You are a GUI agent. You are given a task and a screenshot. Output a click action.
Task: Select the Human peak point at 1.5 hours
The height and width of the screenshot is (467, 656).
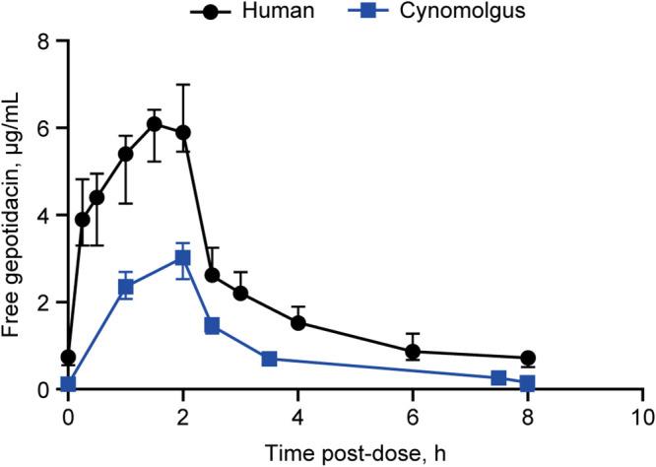pyautogui.click(x=154, y=124)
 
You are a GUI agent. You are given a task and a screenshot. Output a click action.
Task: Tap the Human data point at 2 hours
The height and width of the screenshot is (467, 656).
pyautogui.click(x=182, y=132)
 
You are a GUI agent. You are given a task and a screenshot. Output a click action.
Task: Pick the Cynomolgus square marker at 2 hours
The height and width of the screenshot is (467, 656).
pyautogui.click(x=182, y=257)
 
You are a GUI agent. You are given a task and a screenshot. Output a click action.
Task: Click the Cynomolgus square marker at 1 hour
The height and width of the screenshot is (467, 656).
pyautogui.click(x=125, y=287)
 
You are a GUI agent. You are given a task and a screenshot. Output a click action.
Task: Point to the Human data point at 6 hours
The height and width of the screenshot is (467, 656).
pyautogui.click(x=413, y=352)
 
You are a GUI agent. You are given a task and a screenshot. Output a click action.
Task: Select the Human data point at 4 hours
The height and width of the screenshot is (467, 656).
pyautogui.click(x=297, y=323)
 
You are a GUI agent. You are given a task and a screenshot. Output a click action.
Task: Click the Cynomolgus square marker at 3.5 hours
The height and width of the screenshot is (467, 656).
pyautogui.click(x=269, y=359)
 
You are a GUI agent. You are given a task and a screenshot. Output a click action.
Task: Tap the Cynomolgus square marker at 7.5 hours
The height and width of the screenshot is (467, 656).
pyautogui.click(x=498, y=378)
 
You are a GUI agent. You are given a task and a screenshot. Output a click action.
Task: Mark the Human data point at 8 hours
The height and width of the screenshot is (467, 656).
pyautogui.click(x=528, y=359)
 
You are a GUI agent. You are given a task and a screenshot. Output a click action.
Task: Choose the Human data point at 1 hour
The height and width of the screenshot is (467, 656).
pyautogui.click(x=125, y=154)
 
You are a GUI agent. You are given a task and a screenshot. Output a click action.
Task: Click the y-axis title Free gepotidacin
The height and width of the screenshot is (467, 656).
pyautogui.click(x=14, y=215)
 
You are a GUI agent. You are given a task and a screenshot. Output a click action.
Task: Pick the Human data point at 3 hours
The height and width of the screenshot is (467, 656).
pyautogui.click(x=240, y=294)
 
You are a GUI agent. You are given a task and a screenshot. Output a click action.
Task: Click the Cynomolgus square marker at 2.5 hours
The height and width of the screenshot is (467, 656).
pyautogui.click(x=212, y=326)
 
